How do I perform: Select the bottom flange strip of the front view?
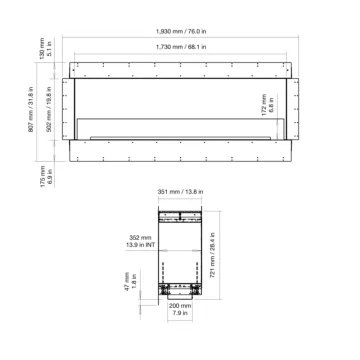(180, 149)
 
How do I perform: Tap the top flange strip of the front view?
(180, 67)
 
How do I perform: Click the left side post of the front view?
(73, 105)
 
